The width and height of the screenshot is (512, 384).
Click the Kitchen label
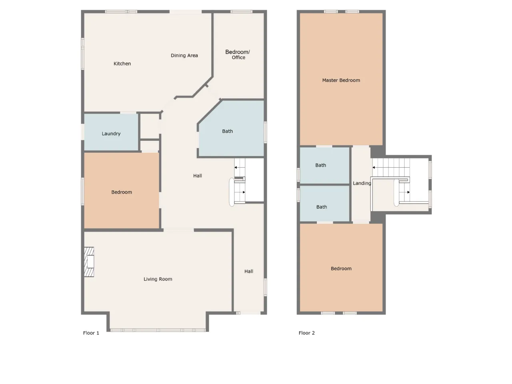click(x=122, y=64)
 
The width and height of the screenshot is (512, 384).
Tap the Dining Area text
click(x=184, y=56)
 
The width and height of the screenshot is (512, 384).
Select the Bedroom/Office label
click(x=238, y=54)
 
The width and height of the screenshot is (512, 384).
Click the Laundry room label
click(x=111, y=134)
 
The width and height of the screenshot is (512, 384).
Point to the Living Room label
click(x=158, y=279)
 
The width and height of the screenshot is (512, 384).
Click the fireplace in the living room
click(x=89, y=262)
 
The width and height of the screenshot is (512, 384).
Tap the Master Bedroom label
click(x=341, y=80)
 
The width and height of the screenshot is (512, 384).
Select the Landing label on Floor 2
click(x=362, y=183)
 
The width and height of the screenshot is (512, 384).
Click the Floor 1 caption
click(x=91, y=333)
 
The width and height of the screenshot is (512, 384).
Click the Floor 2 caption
click(x=306, y=333)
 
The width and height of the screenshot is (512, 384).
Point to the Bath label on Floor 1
click(x=228, y=131)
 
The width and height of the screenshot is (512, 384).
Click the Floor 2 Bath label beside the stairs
click(x=321, y=165)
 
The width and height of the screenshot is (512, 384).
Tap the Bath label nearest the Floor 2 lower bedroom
click(x=322, y=207)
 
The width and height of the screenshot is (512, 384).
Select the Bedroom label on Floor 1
click(x=122, y=192)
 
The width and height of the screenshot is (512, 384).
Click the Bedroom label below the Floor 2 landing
click(x=341, y=268)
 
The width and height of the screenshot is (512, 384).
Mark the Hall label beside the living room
click(x=249, y=271)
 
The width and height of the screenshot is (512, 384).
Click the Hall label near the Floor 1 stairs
click(x=198, y=176)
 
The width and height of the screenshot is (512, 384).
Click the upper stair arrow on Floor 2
click(x=391, y=168)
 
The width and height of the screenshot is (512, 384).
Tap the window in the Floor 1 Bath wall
click(x=266, y=132)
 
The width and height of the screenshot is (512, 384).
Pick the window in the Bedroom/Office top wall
click(x=242, y=12)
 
